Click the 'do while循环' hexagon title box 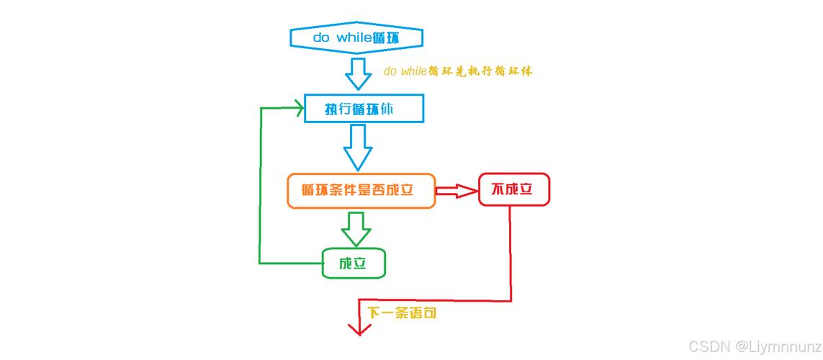[x=356, y=37]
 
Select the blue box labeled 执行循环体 [x=364, y=109]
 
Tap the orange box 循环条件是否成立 [x=361, y=191]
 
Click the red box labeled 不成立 [x=513, y=189]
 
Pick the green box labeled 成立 [x=353, y=263]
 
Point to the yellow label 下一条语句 [x=402, y=313]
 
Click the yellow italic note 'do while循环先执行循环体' [x=458, y=71]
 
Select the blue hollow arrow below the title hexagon [x=357, y=73]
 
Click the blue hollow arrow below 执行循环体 [x=357, y=146]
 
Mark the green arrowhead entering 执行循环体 [x=297, y=109]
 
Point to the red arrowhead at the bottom [x=358, y=328]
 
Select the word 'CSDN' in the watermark [x=709, y=346]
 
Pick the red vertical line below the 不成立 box [x=511, y=252]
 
